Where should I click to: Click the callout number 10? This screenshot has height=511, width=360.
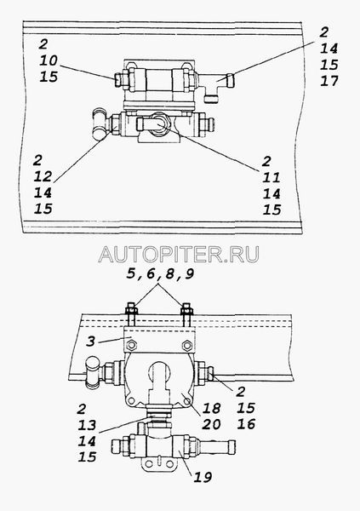(49, 60)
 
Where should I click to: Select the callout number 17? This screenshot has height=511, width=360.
(329, 81)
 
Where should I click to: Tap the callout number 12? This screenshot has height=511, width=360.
(43, 176)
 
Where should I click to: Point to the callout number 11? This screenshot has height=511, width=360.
(271, 178)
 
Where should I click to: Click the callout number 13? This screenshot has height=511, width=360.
(87, 425)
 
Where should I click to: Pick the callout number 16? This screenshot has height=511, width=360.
(246, 424)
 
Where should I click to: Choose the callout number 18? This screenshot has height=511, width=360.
(211, 408)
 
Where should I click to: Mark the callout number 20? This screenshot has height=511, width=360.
(211, 424)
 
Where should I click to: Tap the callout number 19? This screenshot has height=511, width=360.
(203, 477)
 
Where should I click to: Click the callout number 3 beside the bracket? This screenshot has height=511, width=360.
(91, 342)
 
